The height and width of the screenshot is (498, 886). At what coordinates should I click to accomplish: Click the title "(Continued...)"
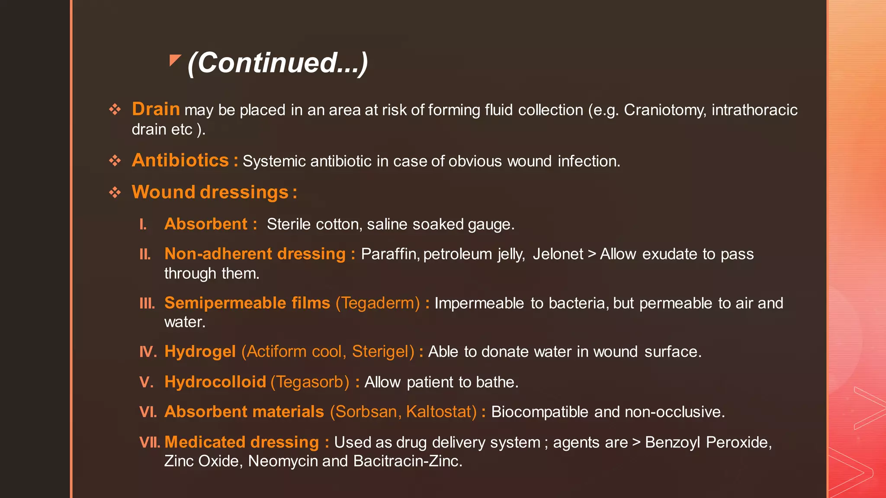[278, 63]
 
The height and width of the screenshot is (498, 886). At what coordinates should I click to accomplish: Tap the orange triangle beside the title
[174, 60]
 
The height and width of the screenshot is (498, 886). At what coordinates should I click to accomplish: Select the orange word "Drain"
[156, 109]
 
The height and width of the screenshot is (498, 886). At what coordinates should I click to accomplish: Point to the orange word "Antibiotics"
[180, 160]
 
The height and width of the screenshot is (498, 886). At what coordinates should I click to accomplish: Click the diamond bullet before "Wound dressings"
[115, 192]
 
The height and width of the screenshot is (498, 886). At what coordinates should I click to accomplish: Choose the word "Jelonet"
[558, 254]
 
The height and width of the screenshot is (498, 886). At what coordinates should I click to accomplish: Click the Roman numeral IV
[148, 352]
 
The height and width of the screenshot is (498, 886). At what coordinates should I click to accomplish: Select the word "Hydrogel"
[200, 352]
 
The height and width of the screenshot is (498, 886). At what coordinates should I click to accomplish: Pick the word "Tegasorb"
[310, 382]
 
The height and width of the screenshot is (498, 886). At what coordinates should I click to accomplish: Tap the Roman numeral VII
[150, 442]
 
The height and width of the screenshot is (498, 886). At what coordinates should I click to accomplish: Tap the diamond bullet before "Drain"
[115, 109]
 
